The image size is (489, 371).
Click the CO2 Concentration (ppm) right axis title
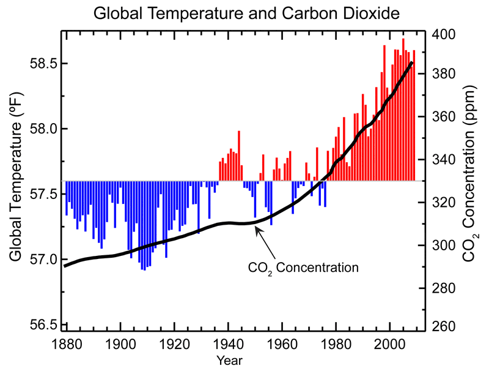(x=472, y=178)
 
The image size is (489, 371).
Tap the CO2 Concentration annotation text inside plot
(x=303, y=268)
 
